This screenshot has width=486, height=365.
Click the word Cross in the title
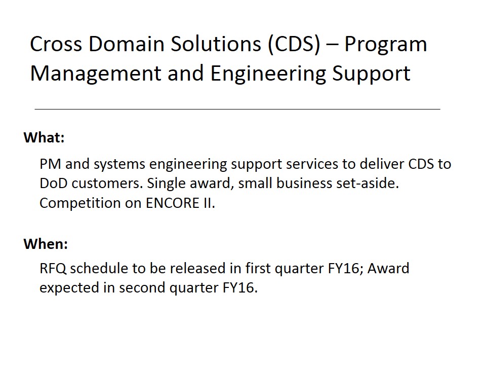point(56,44)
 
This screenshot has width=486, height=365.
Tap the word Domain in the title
point(127,44)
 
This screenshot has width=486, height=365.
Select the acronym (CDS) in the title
point(294,45)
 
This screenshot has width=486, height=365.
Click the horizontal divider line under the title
point(237,109)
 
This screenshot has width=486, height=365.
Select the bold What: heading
point(44,137)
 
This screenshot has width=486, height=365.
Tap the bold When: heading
point(46,244)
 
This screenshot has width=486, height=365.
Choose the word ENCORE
point(172,203)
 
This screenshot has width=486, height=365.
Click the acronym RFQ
point(53,269)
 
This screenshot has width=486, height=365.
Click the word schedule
point(99,269)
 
